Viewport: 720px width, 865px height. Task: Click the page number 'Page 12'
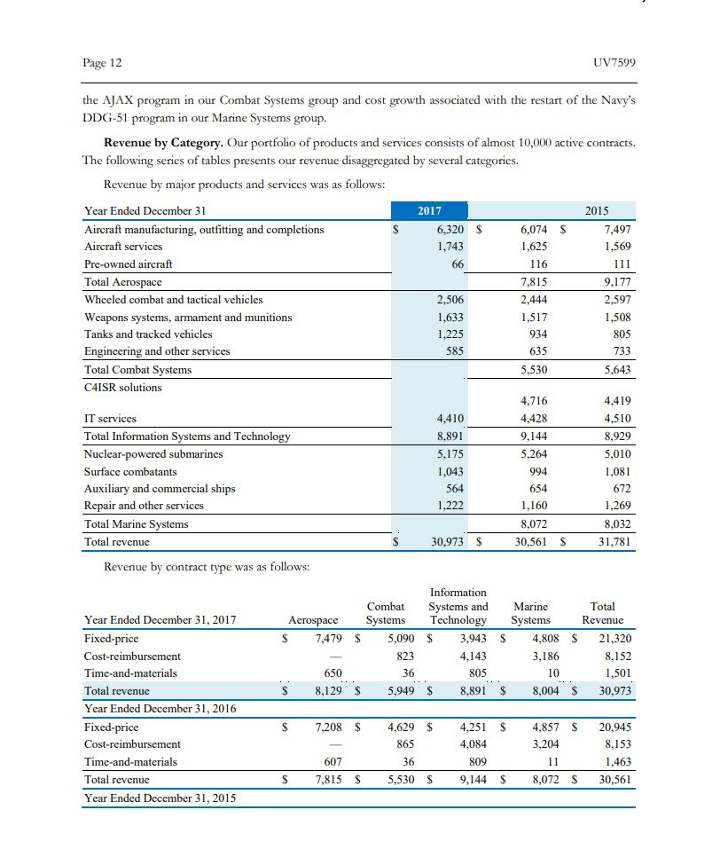click(102, 63)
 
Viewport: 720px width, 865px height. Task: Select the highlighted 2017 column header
click(430, 211)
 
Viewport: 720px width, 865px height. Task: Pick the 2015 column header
click(597, 211)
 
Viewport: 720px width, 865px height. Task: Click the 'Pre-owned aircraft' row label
click(129, 264)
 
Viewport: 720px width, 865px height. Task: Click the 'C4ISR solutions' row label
click(123, 388)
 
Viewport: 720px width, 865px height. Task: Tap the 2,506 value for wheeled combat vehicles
click(451, 300)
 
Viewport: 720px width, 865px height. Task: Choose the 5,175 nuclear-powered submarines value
click(451, 454)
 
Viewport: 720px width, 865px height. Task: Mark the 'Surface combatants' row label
click(130, 472)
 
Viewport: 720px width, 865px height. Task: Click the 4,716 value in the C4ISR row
click(532, 402)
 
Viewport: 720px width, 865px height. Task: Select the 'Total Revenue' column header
click(602, 613)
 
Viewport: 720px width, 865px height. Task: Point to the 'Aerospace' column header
click(314, 620)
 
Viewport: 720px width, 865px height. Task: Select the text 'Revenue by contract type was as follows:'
click(207, 568)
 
